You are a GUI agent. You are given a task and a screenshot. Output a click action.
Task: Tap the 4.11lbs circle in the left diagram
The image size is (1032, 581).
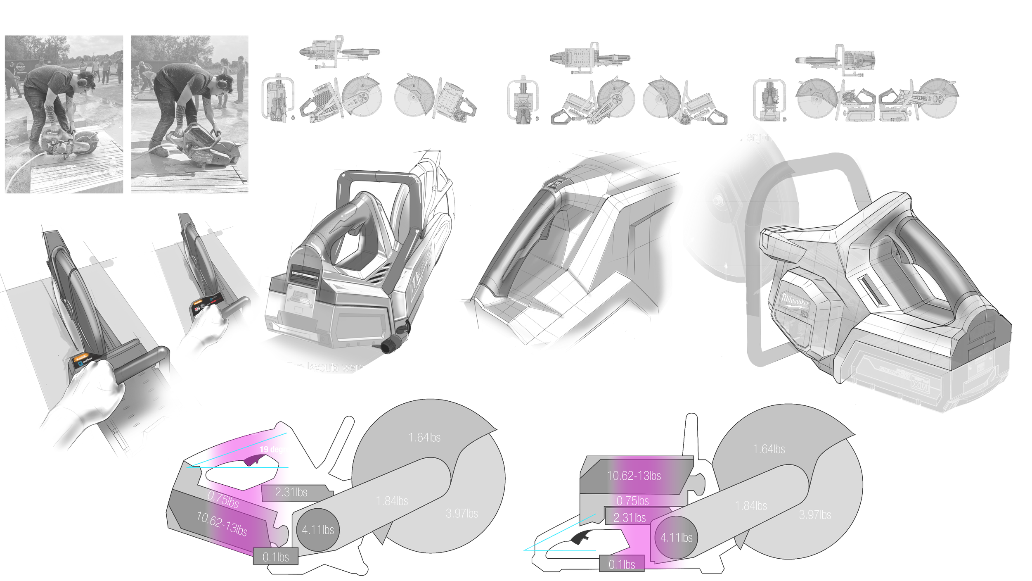click(318, 530)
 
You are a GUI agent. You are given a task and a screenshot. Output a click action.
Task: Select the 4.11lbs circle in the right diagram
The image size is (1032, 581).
click(676, 538)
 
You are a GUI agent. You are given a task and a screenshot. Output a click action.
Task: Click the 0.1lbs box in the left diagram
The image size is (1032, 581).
click(275, 557)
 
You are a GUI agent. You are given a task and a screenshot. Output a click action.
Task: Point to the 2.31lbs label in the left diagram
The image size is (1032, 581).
click(291, 493)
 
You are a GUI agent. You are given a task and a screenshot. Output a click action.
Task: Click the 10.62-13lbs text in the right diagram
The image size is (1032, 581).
click(634, 476)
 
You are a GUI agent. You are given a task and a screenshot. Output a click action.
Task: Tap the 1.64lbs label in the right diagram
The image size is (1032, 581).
click(769, 449)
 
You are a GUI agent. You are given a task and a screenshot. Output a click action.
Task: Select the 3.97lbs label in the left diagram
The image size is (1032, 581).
click(462, 514)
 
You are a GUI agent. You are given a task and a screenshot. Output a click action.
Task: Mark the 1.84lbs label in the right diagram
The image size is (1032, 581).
click(751, 506)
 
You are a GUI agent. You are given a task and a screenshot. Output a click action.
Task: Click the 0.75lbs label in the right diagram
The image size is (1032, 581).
click(632, 501)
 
